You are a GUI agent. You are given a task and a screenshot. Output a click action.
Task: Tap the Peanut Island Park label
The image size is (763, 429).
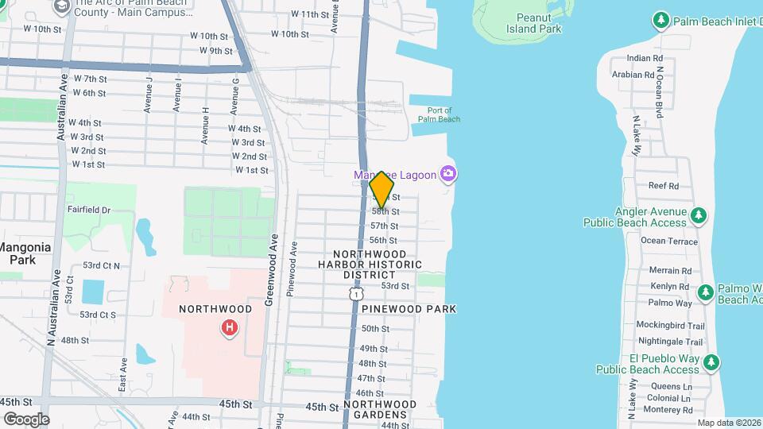click(x=533, y=22)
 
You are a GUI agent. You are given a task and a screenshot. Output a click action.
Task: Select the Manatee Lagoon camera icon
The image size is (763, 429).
click(x=449, y=173)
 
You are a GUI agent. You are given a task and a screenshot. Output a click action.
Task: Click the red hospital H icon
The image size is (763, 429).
click(x=230, y=327)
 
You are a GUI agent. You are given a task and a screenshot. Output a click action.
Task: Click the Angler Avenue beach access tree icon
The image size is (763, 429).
click(x=699, y=215)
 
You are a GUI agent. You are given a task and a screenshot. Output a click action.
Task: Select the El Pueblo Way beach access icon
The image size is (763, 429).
click(x=711, y=363)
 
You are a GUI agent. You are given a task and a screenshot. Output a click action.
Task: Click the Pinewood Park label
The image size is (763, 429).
click(x=409, y=308)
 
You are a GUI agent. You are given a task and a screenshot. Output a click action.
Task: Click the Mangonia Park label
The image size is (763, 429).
click(x=25, y=253)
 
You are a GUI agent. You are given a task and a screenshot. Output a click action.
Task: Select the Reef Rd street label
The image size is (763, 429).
click(x=663, y=185)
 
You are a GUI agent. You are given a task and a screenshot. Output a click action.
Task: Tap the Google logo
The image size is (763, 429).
click(x=25, y=419)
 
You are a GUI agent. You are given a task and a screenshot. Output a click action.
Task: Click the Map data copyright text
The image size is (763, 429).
click(x=728, y=423)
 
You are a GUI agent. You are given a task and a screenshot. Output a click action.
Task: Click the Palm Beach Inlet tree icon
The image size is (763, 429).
click(x=659, y=19)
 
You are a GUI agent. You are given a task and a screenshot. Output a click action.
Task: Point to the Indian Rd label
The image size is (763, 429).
click(x=644, y=58)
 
